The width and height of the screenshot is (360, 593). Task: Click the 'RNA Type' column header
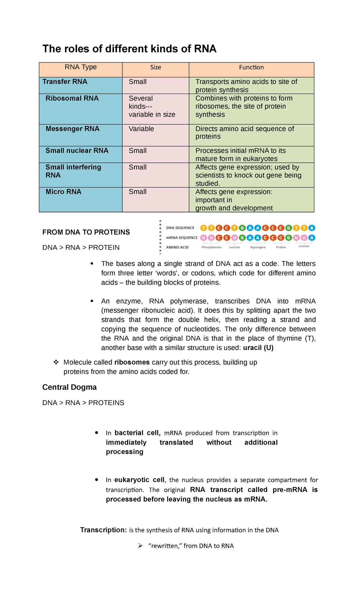[x=80, y=67]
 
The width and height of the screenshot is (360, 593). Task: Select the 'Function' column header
[x=251, y=68]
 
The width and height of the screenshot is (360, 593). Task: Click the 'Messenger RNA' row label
[x=72, y=129]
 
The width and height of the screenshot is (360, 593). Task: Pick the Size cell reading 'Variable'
[x=141, y=129]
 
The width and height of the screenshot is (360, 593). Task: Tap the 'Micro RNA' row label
[x=63, y=192]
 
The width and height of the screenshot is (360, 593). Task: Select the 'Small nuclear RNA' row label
[x=77, y=151]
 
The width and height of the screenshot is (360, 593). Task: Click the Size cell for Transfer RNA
[x=138, y=82]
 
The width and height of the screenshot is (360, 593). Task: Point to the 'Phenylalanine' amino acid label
[x=211, y=247]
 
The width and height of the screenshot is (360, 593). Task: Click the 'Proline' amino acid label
[x=281, y=247]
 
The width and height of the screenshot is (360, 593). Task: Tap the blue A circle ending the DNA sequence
[x=312, y=228]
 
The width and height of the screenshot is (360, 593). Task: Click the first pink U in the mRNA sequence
[x=204, y=238]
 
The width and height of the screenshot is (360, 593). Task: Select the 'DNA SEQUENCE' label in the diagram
[x=180, y=228]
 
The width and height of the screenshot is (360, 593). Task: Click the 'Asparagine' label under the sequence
[x=258, y=247]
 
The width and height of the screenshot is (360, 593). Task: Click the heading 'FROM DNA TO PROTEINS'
[x=86, y=232]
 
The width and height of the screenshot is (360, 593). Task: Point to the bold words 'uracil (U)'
[x=258, y=348]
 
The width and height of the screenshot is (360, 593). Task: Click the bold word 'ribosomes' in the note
[x=132, y=363]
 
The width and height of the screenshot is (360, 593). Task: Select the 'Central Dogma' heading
[x=69, y=387]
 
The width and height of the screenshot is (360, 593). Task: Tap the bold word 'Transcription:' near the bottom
[x=103, y=530]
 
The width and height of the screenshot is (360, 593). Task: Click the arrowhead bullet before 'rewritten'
[x=140, y=546]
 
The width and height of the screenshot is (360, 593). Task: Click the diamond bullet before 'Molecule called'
[x=56, y=363]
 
